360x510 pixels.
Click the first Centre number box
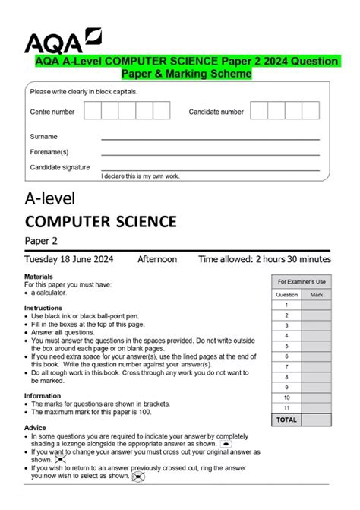point(92,111)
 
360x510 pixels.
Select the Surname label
point(43,137)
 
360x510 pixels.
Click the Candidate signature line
point(210,169)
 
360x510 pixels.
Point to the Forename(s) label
point(49,152)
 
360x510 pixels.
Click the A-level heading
point(53,198)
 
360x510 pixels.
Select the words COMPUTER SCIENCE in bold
point(100,222)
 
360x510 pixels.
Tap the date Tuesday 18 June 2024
point(71,259)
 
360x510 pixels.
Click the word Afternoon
point(157,259)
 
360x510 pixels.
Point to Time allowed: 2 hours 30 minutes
point(264,259)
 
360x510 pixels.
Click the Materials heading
point(39,277)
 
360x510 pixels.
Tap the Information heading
point(43,395)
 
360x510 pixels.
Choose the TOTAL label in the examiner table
point(286,419)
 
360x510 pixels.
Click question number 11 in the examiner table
point(286,408)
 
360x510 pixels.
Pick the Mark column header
point(317,294)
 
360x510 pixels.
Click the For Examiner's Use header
point(302,281)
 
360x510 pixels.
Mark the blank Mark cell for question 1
point(317,305)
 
